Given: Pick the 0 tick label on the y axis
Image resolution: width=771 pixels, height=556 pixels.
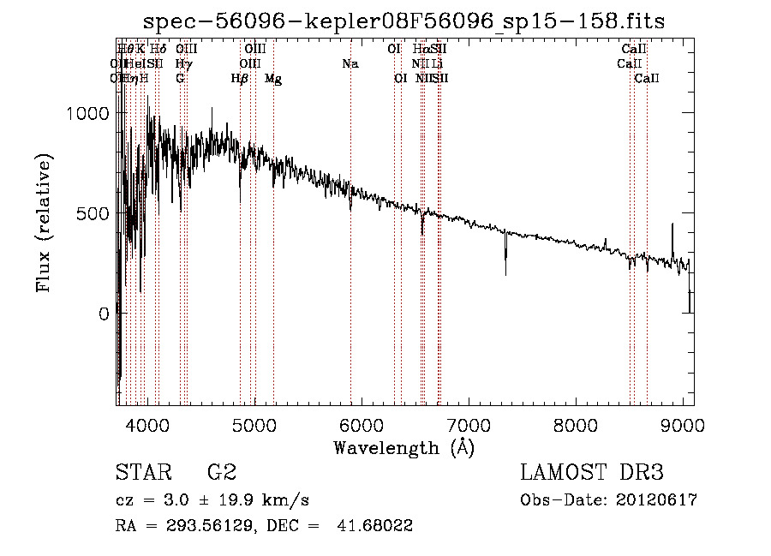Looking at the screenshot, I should tap(104, 314).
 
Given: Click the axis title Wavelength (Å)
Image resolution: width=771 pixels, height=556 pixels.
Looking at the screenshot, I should tap(403, 447).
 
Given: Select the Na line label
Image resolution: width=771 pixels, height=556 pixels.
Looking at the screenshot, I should tap(350, 64).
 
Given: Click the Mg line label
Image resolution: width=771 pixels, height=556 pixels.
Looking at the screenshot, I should tap(273, 79).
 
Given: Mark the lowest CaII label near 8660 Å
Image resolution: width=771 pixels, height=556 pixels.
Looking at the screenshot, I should tap(647, 79).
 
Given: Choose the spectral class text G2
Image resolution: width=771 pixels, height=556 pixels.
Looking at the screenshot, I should tap(222, 473).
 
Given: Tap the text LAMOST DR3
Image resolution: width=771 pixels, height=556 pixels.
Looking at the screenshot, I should tap(592, 473).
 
